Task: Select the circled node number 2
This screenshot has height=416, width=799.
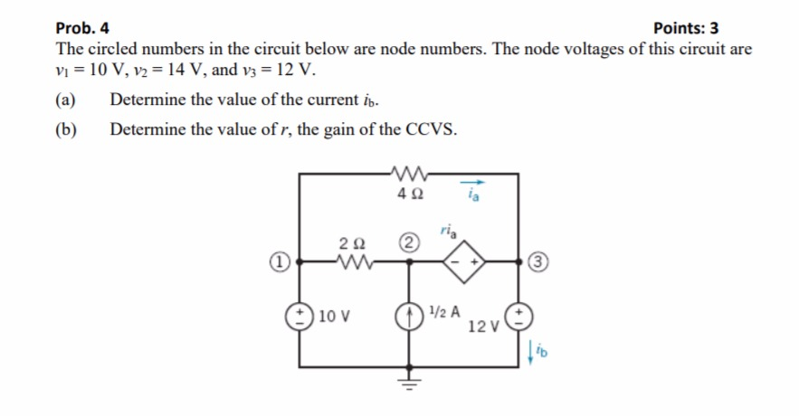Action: [409, 242]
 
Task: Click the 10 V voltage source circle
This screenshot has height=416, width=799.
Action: [300, 317]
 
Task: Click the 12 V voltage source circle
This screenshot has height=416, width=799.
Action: [518, 317]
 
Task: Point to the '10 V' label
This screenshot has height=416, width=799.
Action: [336, 317]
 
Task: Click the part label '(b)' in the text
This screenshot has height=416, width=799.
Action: [67, 129]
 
